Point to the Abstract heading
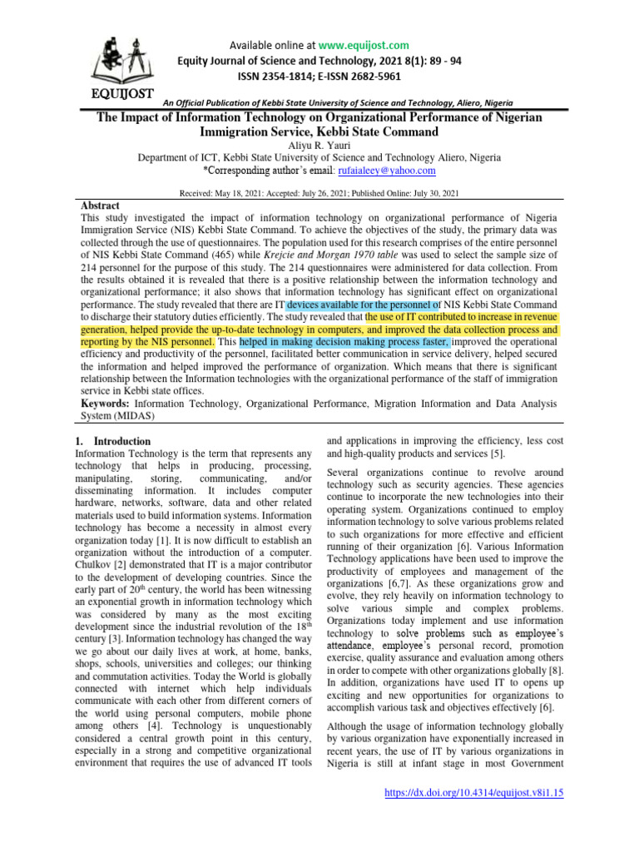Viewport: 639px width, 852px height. [101, 206]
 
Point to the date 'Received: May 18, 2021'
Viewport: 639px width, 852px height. [226, 193]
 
